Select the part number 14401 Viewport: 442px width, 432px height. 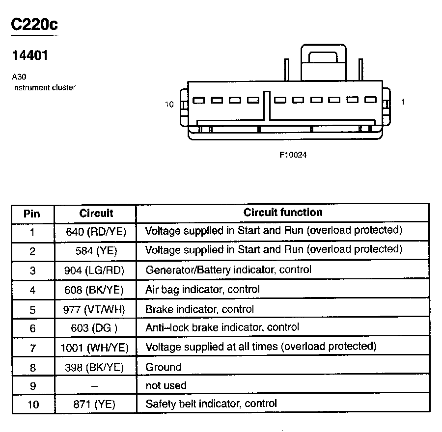click(30, 55)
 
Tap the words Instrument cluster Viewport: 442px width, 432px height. click(44, 88)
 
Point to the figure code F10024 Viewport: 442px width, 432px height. click(293, 155)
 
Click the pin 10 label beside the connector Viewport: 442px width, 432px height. click(169, 104)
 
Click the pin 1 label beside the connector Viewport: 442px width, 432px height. click(403, 102)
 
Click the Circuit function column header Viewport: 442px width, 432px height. click(283, 213)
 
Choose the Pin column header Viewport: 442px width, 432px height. click(32, 214)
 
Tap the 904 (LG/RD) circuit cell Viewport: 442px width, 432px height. click(94, 270)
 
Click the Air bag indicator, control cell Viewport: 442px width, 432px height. click(202, 290)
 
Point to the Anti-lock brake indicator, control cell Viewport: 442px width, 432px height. click(222, 327)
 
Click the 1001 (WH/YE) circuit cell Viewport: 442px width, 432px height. click(94, 348)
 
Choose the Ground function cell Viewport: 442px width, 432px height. click(164, 367)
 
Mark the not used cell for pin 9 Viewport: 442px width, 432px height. click(166, 386)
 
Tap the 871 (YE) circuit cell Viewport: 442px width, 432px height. click(95, 405)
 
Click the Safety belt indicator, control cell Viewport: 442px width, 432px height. click(211, 404)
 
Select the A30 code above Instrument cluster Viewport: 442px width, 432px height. click(19, 78)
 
